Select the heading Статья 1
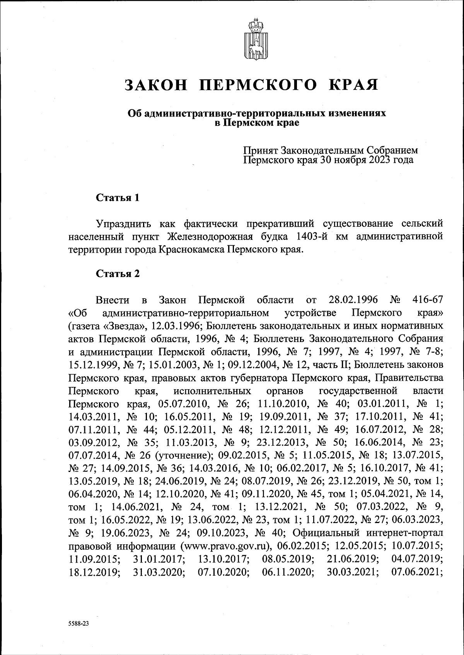(x=118, y=198)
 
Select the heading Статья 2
(x=118, y=274)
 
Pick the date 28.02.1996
(x=353, y=300)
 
